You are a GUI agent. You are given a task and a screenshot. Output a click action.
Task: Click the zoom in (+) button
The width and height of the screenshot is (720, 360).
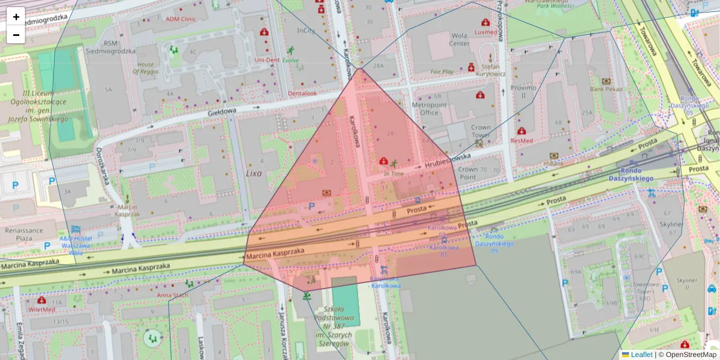point(16,17)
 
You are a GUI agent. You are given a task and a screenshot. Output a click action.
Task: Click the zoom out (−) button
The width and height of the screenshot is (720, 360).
point(16,35)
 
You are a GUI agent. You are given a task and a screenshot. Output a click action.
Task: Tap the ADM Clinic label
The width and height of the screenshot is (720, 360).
point(181,19)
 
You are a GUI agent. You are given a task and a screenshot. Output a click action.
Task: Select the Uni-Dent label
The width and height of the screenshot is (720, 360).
point(267,60)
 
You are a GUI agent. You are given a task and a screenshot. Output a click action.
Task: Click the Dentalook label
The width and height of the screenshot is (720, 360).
point(302,94)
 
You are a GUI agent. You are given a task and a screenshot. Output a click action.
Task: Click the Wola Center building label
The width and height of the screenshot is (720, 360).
point(459,39)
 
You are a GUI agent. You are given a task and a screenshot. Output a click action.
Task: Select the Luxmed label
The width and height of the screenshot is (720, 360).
point(485,32)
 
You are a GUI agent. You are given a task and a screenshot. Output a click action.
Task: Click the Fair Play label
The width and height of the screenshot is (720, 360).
point(442,71)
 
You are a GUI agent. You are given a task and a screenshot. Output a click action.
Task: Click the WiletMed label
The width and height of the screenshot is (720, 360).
point(41,310)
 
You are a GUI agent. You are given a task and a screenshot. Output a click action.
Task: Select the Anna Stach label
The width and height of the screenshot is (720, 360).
point(173,295)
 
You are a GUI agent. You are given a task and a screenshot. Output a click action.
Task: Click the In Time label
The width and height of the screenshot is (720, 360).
point(394,174)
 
